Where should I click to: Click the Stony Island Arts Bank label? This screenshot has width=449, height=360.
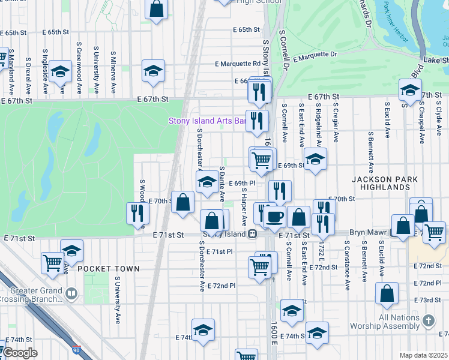coord(207,121)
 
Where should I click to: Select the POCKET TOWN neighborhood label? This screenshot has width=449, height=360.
coord(108,269)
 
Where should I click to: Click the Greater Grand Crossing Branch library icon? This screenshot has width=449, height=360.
coord(71,293)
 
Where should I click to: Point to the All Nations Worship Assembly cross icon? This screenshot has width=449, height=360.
coord(427,320)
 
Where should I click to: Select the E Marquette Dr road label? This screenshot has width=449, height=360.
coord(315,55)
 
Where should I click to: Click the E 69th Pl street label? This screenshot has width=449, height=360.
coord(242,183)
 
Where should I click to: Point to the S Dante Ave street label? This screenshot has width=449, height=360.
coord(222,184)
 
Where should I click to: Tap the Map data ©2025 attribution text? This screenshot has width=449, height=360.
coord(423,355)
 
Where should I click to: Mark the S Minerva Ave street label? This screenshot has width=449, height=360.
coord(113,71)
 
